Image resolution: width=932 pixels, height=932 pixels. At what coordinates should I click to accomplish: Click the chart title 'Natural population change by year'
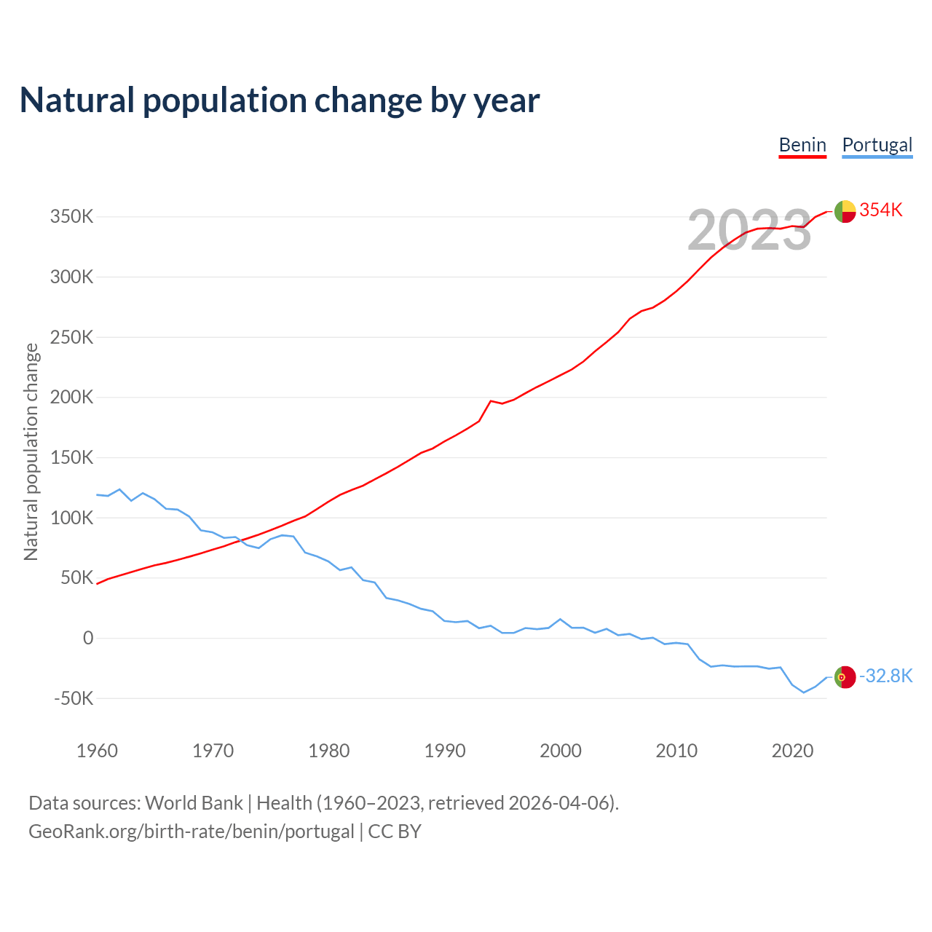280,100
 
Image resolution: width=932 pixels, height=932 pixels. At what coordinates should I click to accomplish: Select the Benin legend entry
802,145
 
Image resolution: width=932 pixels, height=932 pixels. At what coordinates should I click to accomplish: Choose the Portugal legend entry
877,145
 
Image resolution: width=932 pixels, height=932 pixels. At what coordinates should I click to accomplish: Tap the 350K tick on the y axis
72,217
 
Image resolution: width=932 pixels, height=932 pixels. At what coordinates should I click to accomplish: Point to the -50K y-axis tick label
74,698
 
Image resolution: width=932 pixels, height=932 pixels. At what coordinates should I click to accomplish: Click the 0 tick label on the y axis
88,639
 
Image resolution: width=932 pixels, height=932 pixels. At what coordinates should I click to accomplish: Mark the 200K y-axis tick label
72,398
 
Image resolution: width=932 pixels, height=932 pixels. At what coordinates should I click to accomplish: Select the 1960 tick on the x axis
97,751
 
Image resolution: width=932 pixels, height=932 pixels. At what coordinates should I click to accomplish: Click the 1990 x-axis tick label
445,751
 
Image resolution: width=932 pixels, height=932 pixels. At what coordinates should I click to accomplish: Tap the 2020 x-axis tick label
792,751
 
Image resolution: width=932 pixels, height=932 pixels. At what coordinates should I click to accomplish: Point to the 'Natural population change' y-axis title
31,452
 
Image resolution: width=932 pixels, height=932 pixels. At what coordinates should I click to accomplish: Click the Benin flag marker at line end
845,211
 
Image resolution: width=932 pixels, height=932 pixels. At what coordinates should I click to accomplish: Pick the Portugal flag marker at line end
845,677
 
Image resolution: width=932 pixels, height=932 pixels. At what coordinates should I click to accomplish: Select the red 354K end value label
881,210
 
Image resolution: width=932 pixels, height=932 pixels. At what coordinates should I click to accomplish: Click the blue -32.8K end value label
885,676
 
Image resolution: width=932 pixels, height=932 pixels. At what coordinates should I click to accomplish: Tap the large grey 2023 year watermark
749,231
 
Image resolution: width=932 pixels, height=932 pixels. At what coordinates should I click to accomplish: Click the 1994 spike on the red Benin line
491,400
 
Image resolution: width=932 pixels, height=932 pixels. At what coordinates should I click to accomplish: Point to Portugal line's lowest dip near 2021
804,692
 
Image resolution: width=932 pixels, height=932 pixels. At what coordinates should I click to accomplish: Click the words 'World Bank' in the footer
194,803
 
